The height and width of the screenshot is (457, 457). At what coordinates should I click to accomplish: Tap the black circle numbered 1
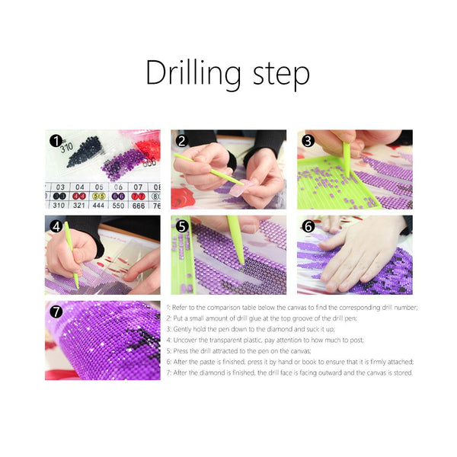click(55, 141)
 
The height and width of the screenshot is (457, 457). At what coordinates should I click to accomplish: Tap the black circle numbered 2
click(181, 141)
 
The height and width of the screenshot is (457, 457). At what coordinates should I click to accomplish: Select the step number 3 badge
click(308, 141)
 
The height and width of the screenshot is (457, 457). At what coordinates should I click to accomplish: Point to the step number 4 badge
click(55, 226)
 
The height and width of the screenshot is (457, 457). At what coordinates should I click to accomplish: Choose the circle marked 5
click(181, 226)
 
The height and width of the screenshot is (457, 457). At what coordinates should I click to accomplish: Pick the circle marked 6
click(308, 226)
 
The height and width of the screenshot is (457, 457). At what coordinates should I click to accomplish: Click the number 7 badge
click(55, 312)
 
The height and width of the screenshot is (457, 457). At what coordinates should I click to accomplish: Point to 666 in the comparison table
click(138, 205)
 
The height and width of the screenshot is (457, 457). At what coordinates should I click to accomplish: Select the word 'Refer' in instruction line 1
click(187, 307)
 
